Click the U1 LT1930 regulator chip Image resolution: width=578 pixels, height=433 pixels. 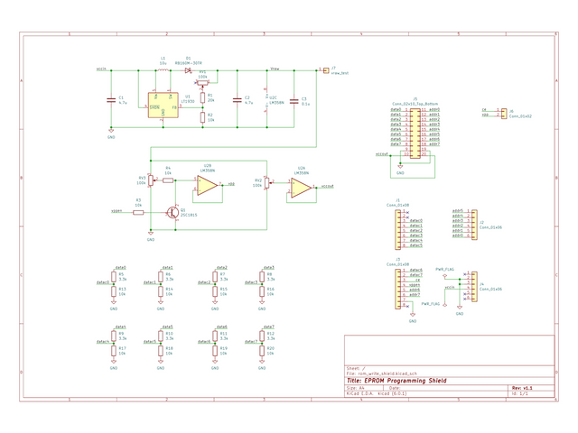[x=163, y=106]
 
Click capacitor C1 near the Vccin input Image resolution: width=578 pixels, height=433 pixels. [x=111, y=100]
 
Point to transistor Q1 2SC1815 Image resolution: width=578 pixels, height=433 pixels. [x=172, y=213]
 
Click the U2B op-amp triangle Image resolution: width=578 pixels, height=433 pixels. [x=207, y=186]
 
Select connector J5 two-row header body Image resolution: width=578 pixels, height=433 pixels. [x=415, y=132]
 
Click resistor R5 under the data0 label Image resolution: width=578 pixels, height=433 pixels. [x=113, y=279]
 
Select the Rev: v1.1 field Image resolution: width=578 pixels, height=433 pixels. [x=522, y=387]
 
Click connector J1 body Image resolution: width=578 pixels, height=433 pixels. [x=398, y=227]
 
